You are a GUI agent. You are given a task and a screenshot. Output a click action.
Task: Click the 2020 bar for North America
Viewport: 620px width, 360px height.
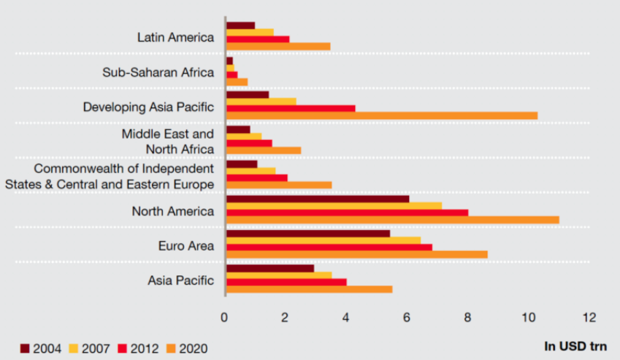[393, 220]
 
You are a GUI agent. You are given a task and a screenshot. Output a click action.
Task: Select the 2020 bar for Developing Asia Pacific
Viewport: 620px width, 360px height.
[382, 115]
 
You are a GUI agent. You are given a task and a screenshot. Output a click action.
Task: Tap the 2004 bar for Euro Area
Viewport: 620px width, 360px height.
[308, 233]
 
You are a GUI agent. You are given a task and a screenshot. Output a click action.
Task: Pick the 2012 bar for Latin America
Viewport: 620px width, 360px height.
[258, 39]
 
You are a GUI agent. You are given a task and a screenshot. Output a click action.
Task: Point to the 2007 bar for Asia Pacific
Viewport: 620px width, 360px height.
[279, 275]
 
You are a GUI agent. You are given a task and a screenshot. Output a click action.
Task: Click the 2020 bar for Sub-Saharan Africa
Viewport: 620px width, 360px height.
[237, 81]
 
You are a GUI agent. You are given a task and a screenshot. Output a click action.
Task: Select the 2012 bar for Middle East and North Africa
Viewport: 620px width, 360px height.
[249, 143]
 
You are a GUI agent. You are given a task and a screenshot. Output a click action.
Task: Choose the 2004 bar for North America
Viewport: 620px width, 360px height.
[318, 199]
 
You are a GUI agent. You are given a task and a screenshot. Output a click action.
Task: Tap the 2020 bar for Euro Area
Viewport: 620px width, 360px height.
[357, 254]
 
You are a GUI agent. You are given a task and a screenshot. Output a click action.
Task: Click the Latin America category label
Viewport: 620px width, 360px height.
[175, 37]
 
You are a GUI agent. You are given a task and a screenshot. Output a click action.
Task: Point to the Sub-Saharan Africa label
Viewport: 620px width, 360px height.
[158, 72]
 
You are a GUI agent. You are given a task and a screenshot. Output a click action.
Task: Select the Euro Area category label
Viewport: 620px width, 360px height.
[185, 246]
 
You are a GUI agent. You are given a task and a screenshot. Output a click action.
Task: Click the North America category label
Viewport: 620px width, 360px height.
[172, 212]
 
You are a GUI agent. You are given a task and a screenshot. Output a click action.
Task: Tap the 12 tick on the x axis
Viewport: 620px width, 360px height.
[589, 318]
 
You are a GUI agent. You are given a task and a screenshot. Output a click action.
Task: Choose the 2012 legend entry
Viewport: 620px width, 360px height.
[143, 348]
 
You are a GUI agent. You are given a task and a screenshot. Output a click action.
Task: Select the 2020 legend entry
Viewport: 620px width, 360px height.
[188, 348]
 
